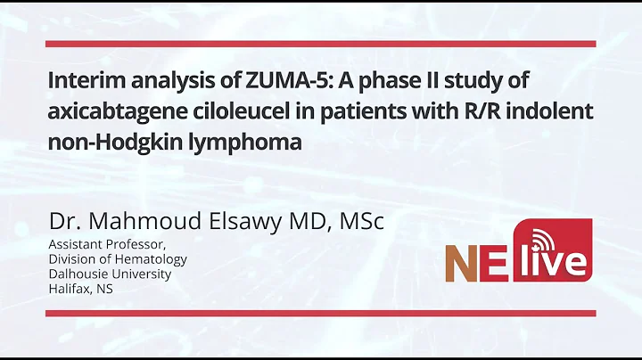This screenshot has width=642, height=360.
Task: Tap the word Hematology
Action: click(155, 260)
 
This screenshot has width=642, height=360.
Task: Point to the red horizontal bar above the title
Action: click(321, 43)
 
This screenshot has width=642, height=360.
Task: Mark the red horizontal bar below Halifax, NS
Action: click(321, 313)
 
